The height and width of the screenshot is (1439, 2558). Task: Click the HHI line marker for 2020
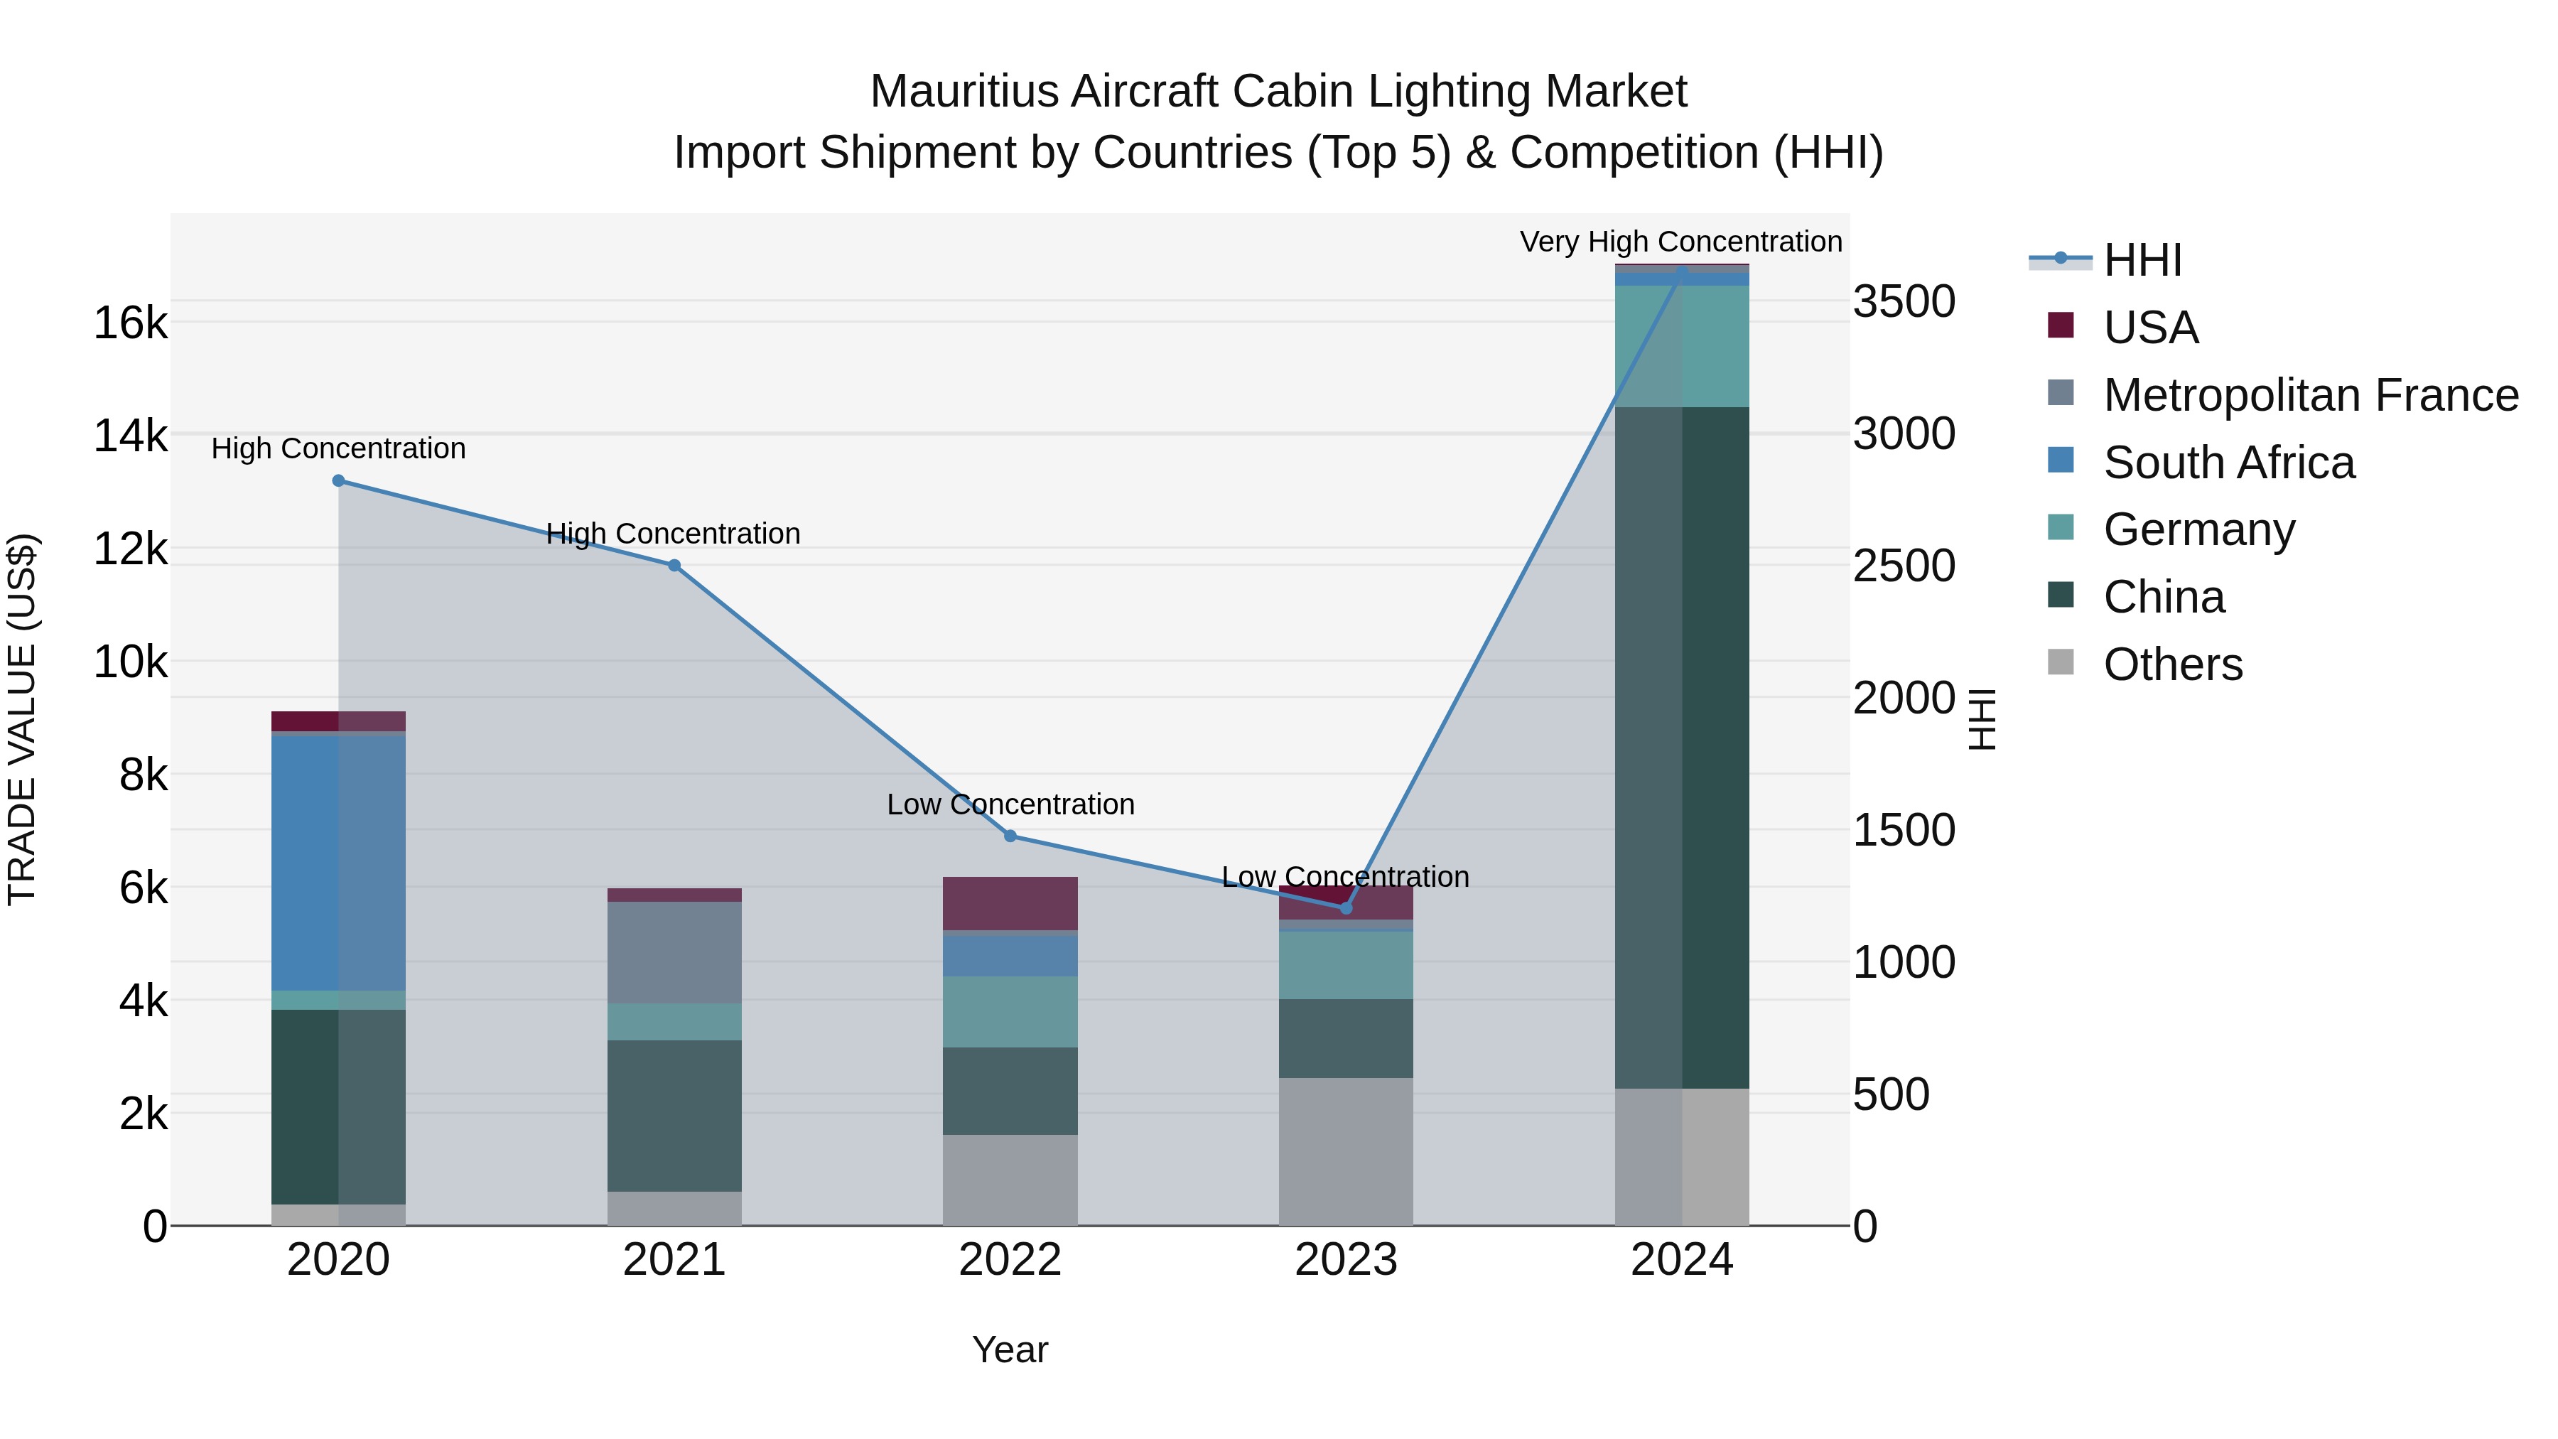click(x=339, y=480)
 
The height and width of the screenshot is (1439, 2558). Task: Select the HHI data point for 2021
click(x=674, y=565)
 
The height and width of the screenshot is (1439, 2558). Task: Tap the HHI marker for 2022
click(x=1010, y=836)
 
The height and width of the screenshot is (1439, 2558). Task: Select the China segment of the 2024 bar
click(x=1681, y=747)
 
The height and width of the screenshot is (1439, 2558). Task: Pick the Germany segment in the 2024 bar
click(x=1681, y=345)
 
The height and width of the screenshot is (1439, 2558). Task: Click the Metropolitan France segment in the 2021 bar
click(x=674, y=952)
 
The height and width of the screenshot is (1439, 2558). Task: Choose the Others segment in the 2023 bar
click(x=1346, y=1151)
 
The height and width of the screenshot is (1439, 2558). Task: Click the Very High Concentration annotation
click(x=1680, y=242)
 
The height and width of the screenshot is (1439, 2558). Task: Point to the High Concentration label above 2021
click(x=674, y=533)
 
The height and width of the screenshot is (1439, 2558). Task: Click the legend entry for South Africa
click(x=2228, y=463)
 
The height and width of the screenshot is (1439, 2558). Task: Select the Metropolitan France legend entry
click(x=2310, y=395)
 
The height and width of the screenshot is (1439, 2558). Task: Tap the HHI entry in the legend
click(x=2142, y=260)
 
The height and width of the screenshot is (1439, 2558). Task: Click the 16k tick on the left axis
click(x=130, y=323)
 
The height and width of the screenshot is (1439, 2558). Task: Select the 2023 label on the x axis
click(x=1346, y=1260)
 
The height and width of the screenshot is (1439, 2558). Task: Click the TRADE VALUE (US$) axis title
click(x=22, y=719)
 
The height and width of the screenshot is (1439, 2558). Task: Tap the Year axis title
click(x=1010, y=1349)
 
